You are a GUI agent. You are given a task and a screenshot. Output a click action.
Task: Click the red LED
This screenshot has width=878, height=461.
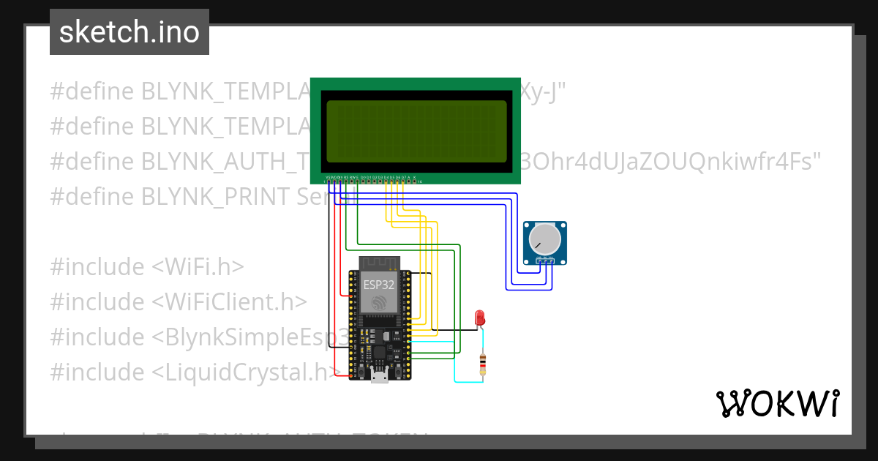tap(480, 317)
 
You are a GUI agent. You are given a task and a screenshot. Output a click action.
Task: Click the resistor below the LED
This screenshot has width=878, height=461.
tap(481, 364)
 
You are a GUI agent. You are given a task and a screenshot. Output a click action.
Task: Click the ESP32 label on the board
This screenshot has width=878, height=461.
tap(379, 285)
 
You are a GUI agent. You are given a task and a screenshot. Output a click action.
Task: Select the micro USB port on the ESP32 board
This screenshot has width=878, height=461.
tap(380, 376)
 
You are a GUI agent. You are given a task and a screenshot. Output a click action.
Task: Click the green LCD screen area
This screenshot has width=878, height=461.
tap(416, 131)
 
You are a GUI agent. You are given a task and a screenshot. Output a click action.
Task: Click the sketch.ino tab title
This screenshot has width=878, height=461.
tap(130, 32)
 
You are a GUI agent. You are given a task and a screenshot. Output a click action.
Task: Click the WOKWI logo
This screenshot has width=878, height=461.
tap(777, 403)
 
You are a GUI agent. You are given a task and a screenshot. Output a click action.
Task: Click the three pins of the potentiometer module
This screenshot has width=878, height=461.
tap(544, 260)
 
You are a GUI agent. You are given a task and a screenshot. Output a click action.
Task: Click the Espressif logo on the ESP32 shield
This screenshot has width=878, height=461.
tap(379, 302)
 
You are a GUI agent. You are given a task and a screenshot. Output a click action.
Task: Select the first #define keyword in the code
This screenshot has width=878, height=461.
tap(91, 91)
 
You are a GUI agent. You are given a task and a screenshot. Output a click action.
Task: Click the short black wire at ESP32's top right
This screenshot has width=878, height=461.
tap(420, 273)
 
